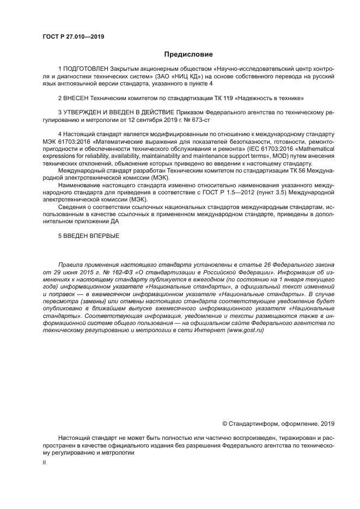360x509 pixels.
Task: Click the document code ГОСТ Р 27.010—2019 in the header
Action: point(73,37)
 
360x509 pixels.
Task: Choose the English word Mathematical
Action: point(313,148)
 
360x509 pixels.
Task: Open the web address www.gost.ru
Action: point(247,330)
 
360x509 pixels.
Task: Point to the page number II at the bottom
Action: point(45,462)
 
